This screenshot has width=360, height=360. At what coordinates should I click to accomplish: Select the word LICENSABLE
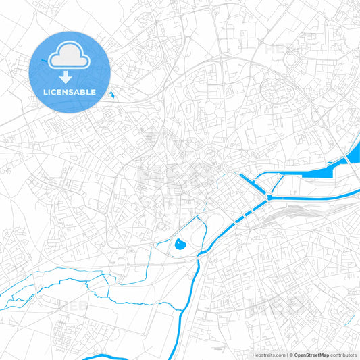click(x=70, y=91)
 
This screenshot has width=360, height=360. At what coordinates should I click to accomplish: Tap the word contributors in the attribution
click(x=343, y=355)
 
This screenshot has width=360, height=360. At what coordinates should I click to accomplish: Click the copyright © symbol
click(x=291, y=355)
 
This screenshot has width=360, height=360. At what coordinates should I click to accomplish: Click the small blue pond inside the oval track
click(x=180, y=244)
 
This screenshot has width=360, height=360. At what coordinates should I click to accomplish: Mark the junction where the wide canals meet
click(x=269, y=197)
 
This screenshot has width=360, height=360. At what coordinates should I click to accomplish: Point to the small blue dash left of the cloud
click(x=44, y=62)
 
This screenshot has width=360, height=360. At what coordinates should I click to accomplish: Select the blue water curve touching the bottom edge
click(x=101, y=357)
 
